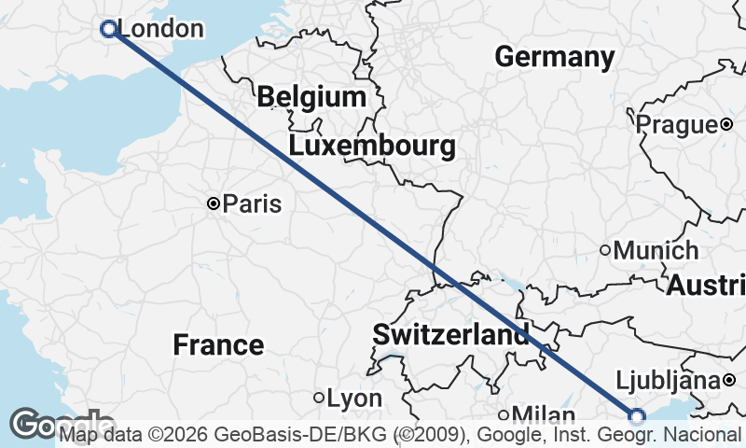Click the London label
pos(161,29)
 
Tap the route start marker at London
pos(108,29)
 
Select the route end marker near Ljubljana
pos(637,417)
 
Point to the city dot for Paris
pos(214,203)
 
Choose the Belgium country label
pos(311,96)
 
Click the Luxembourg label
pos(372,146)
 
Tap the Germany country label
pos(554,56)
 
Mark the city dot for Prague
pos(725,124)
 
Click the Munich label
pos(656,250)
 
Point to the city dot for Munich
pos(605,250)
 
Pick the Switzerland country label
pos(450,334)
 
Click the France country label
pos(218,345)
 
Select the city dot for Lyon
pos(319,399)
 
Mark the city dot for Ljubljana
pos(729,380)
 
